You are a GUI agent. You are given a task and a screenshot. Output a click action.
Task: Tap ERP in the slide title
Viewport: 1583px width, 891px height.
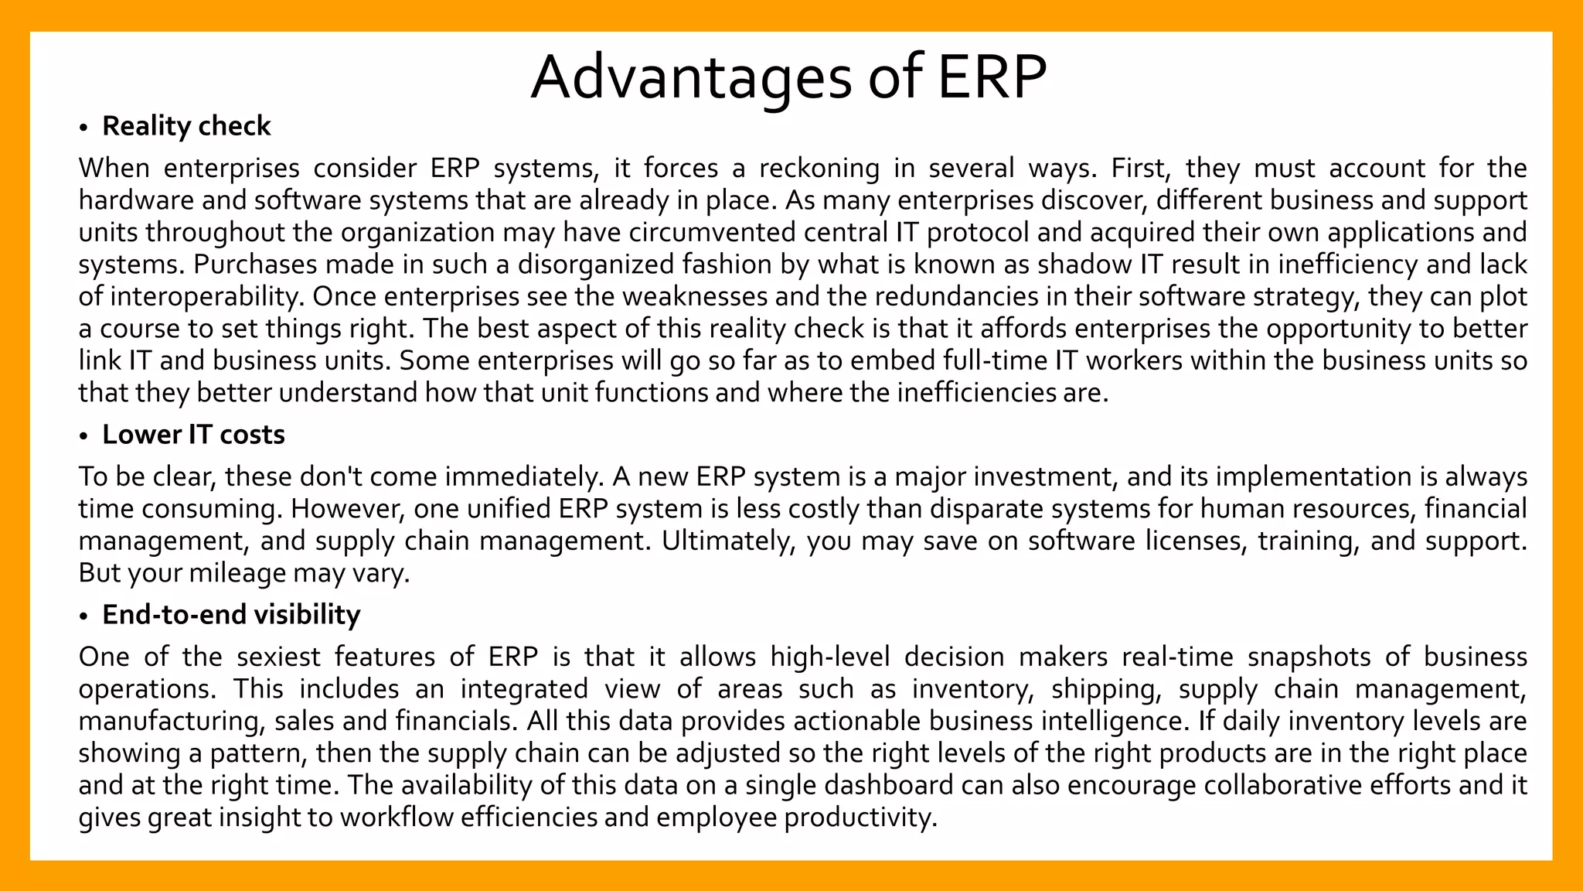point(992,77)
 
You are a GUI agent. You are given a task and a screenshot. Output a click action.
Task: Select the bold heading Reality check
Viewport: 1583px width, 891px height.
point(186,126)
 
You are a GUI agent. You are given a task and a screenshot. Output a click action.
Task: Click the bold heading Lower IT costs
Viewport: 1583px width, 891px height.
point(193,435)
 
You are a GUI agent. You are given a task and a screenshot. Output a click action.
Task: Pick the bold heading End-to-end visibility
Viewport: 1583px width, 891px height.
point(231,615)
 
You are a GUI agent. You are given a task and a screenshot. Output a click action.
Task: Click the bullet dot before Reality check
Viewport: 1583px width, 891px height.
point(83,128)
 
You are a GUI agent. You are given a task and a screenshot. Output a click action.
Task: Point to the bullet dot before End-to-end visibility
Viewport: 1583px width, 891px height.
point(83,616)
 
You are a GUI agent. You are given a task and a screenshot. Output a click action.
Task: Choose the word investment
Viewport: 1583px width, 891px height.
point(1045,477)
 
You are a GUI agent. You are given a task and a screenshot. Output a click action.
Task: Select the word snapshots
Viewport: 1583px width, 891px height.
point(1307,657)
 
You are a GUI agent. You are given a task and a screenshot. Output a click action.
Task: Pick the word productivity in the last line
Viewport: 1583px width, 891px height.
point(860,818)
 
